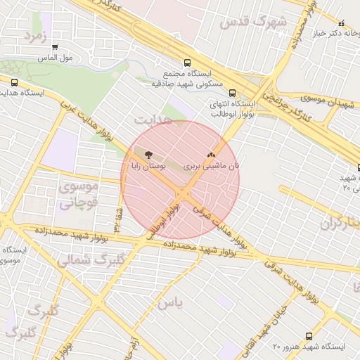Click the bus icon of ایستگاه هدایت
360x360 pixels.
pyautogui.click(x=15, y=82)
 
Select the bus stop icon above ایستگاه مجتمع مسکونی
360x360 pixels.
pyautogui.click(x=186, y=62)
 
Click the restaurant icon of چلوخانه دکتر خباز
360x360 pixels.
pyautogui.click(x=342, y=23)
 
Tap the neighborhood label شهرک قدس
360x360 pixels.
pyautogui.click(x=253, y=22)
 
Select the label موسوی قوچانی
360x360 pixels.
pyautogui.click(x=81, y=196)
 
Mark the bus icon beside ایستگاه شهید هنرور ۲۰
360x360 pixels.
pyautogui.click(x=309, y=337)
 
